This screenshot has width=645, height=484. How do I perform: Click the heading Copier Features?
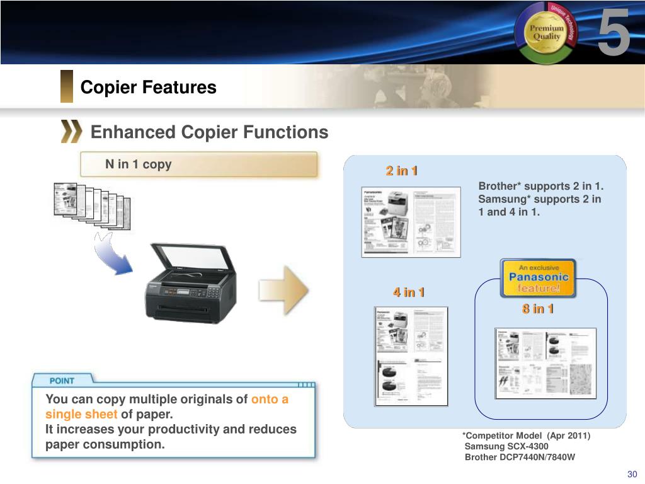[148, 87]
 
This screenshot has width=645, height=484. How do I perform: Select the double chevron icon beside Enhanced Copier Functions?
[71, 132]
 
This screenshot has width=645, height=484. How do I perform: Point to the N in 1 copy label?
[138, 164]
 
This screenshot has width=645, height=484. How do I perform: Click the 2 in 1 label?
[402, 171]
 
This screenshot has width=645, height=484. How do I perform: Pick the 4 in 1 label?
[409, 292]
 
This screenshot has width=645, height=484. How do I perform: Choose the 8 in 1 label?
[537, 308]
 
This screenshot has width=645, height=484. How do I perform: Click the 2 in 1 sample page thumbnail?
[411, 222]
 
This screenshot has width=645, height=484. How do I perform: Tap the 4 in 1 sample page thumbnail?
[411, 356]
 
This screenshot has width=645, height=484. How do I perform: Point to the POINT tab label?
[62, 381]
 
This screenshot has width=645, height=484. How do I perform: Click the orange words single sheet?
[81, 414]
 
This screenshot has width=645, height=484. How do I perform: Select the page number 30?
[632, 475]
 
